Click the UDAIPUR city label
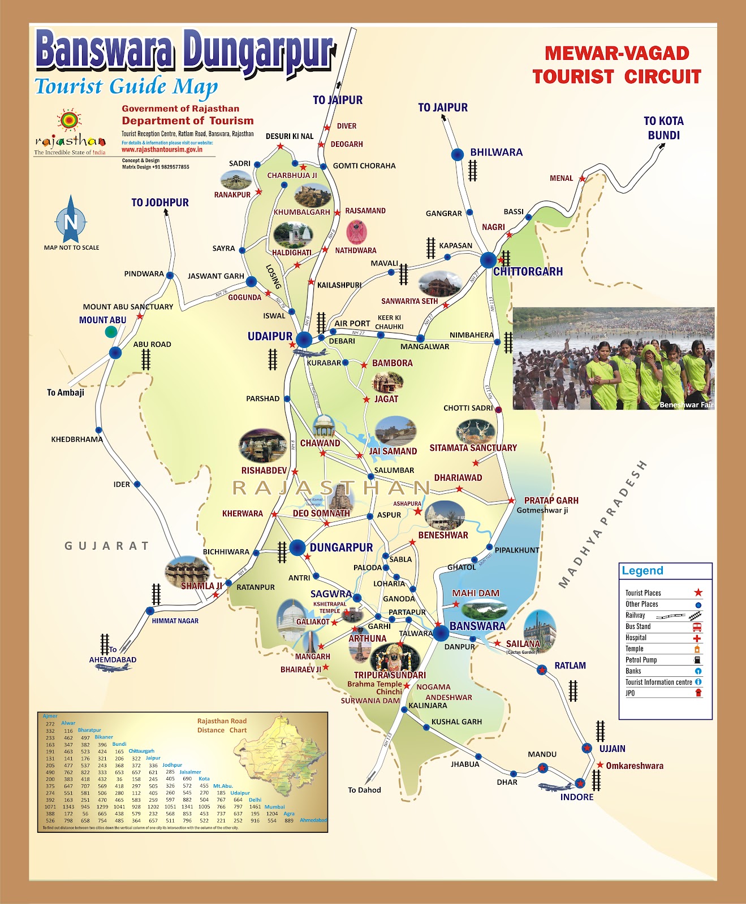click(270, 336)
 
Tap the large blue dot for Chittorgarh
click(488, 260)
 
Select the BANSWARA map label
click(477, 626)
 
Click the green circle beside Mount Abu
click(111, 332)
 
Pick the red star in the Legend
click(698, 593)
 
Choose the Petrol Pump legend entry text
click(641, 660)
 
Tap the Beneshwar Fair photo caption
click(686, 405)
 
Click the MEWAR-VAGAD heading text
click(616, 54)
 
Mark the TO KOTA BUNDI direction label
click(663, 128)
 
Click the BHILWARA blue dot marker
click(457, 154)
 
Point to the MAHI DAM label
click(476, 593)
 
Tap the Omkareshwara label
click(635, 766)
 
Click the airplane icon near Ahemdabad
click(113, 668)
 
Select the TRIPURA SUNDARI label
click(390, 675)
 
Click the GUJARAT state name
click(106, 546)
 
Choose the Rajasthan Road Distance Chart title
click(222, 725)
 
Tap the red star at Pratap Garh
click(511, 501)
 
